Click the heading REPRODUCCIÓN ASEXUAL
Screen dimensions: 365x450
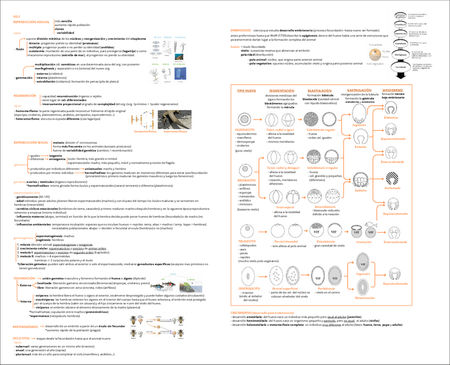point(31,21)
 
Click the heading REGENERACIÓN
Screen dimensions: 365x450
point(25,96)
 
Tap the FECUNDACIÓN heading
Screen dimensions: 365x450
point(24,278)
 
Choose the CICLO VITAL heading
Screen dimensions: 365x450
point(22,338)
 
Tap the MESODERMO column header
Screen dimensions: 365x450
point(392,91)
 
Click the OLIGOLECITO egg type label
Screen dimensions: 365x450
point(245,129)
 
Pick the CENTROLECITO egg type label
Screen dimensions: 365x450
point(249,288)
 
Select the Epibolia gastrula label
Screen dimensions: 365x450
point(360,190)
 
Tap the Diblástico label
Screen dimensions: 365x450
point(391,117)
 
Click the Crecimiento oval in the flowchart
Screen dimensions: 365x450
point(401,66)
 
